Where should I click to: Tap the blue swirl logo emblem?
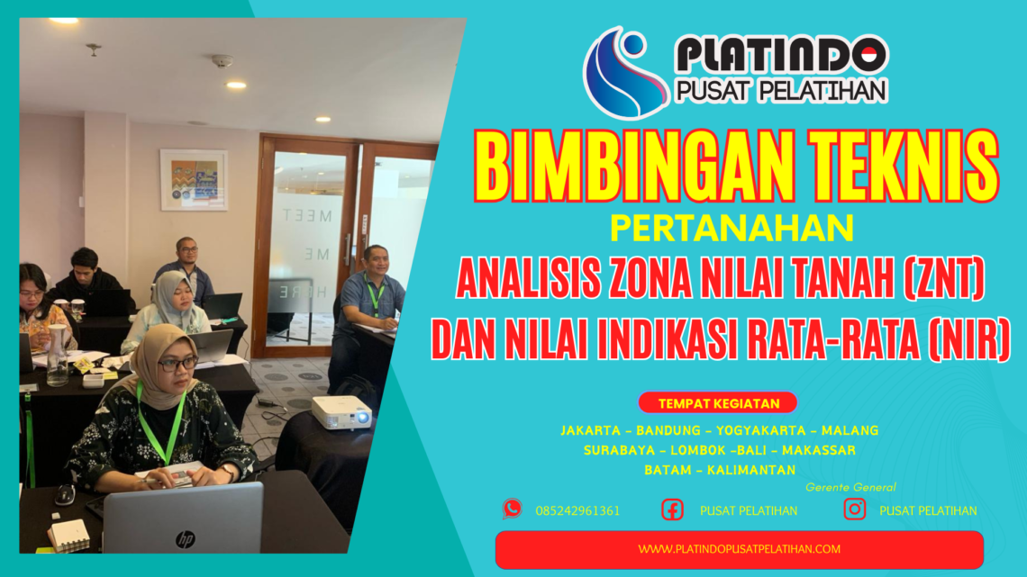624,73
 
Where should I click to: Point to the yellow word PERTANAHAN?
732,228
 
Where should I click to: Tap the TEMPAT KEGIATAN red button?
717,403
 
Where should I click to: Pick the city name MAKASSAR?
819,450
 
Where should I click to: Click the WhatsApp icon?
512,509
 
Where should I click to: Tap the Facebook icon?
672,509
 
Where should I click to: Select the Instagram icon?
854,509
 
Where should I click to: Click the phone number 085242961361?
577,510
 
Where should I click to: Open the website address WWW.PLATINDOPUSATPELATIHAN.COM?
739,549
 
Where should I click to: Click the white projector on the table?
341,412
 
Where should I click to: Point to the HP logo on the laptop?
185,538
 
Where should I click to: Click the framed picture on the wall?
194,179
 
